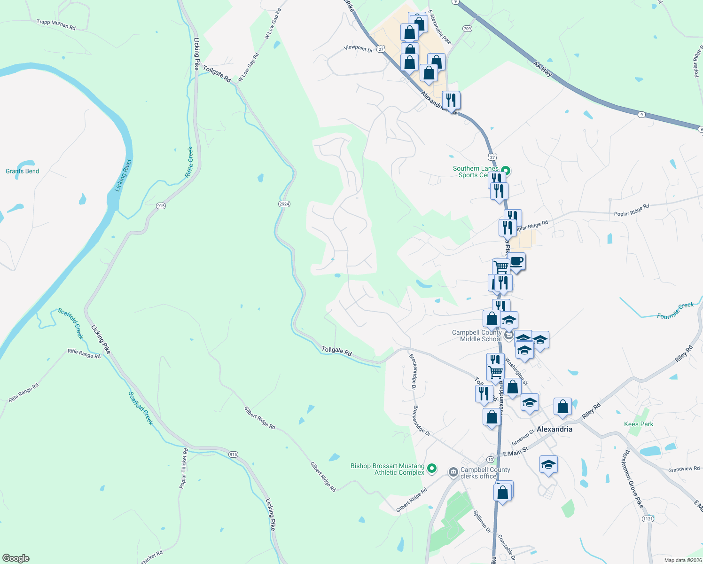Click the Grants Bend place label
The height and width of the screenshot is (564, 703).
coord(22,171)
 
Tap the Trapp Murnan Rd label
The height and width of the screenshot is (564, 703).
coord(56,24)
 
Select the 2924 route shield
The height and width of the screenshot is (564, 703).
coord(284,204)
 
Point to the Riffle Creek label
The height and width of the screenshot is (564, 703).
coord(189,162)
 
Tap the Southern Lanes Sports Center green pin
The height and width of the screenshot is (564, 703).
coord(506,171)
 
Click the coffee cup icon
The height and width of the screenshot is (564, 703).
coord(516,261)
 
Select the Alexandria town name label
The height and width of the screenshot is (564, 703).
coord(555,429)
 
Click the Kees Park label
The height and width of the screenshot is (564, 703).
coord(639,424)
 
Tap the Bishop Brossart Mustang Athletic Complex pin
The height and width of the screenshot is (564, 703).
coord(432,469)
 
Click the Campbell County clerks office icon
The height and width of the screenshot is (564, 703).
coord(453,472)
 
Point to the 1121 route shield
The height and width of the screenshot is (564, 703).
coord(648,519)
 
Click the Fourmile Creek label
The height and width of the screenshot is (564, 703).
coord(675,311)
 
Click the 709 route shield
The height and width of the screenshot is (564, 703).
coord(467,29)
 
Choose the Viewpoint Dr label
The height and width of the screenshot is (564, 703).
coord(358,48)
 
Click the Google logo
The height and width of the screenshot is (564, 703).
coord(16,558)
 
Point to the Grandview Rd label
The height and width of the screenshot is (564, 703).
coord(684,469)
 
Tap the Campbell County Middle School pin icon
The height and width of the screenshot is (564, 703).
coord(509,336)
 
